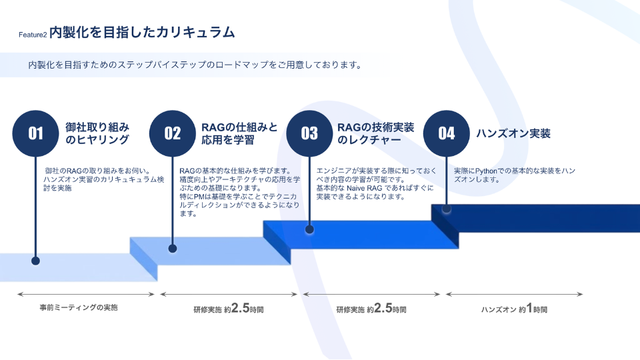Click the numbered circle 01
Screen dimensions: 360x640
[x=35, y=133]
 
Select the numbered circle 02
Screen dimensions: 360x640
[x=173, y=133]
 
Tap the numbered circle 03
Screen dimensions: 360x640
[x=309, y=133]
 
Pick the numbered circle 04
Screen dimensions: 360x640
[x=447, y=133]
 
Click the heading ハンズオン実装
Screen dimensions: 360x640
[x=513, y=133]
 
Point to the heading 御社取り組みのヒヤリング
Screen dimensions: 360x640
[x=97, y=133]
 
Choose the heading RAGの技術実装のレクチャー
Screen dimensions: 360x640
[x=375, y=133]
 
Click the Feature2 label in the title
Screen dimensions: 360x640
[x=33, y=35]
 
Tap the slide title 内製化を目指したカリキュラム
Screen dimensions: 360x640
[x=143, y=32]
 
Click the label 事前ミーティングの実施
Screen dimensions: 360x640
[x=79, y=308]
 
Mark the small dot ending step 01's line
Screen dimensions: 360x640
[x=35, y=261]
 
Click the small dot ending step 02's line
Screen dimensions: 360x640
[x=173, y=249]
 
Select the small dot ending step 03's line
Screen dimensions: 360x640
[x=309, y=229]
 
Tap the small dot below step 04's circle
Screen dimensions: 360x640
[x=447, y=209]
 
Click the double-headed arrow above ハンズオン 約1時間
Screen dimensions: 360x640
[x=514, y=294]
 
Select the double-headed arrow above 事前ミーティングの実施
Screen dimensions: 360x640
[x=87, y=294]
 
